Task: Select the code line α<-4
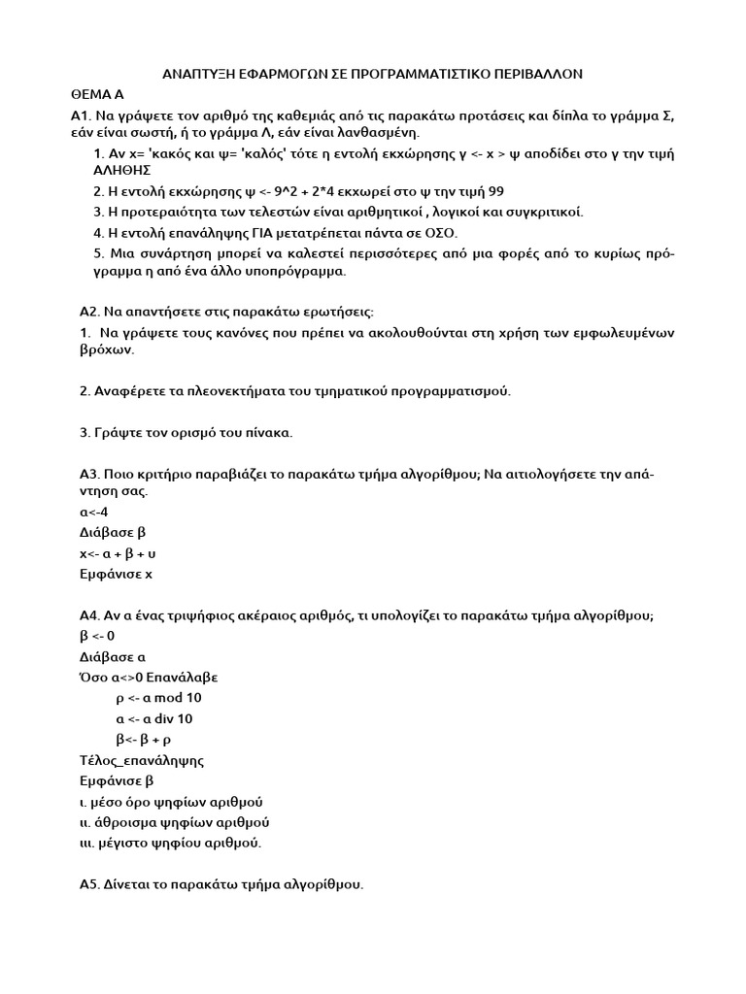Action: pos(94,512)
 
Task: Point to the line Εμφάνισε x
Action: pos(116,574)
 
